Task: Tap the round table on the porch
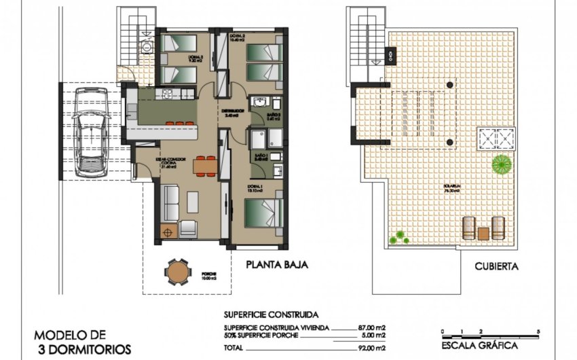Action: pyautogui.click(x=178, y=272)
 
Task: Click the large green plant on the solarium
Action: pyautogui.click(x=502, y=163)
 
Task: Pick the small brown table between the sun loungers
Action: pyautogui.click(x=483, y=232)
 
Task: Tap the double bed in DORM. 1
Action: pyautogui.click(x=265, y=211)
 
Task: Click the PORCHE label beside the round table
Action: pyautogui.click(x=210, y=274)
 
